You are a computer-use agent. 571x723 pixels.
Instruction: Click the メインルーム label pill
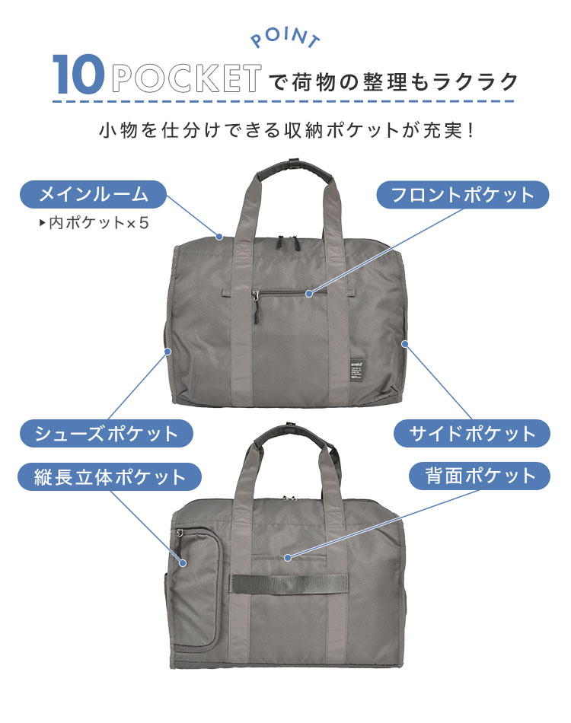click(93, 194)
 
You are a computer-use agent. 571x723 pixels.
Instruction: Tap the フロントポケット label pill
click(463, 195)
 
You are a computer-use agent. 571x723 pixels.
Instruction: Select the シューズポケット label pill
click(106, 434)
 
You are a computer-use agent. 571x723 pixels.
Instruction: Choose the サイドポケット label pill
click(472, 434)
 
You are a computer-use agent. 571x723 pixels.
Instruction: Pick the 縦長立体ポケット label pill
click(110, 476)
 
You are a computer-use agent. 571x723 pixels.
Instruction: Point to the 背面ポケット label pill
click(480, 476)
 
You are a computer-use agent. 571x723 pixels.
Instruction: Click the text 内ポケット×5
click(94, 223)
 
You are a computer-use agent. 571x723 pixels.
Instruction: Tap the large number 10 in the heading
click(78, 75)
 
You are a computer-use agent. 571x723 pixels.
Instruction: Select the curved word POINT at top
click(285, 37)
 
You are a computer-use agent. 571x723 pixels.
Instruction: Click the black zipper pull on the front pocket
click(255, 306)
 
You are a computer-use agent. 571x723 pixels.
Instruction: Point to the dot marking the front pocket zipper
click(309, 293)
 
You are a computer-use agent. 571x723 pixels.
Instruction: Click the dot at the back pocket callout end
click(288, 557)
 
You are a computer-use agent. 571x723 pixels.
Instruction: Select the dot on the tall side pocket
click(183, 563)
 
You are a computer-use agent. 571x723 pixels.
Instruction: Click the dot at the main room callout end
click(219, 237)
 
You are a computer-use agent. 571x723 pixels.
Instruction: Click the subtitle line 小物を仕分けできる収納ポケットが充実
click(286, 130)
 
